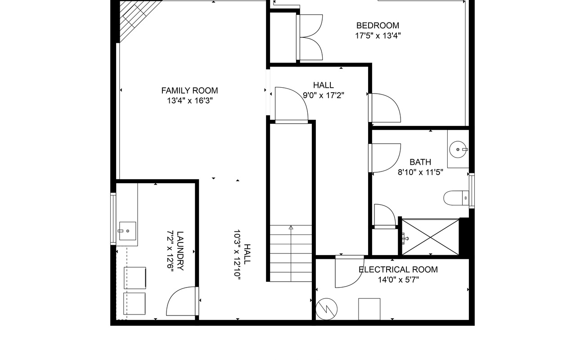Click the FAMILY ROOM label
(189, 90)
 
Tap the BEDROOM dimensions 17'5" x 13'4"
(378, 36)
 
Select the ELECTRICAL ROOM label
(398, 270)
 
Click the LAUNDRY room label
(180, 251)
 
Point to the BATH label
(420, 162)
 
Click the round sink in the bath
(458, 149)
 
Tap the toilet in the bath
(456, 198)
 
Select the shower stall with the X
(430, 237)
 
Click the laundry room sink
(127, 231)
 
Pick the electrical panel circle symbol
(326, 309)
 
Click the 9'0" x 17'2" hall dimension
(324, 95)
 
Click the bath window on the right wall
(472, 191)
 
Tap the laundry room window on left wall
(113, 219)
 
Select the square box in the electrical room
(369, 309)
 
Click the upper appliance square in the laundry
(135, 278)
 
